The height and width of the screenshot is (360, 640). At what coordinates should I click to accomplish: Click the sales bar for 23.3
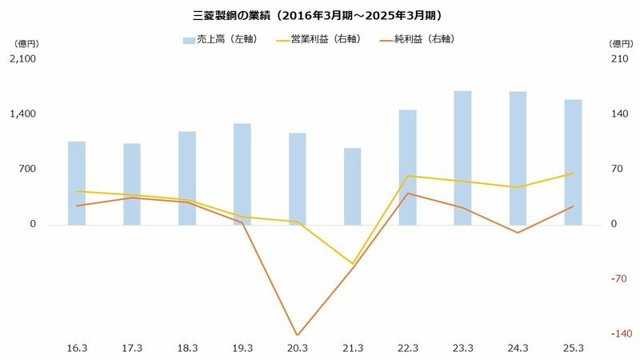click(462, 158)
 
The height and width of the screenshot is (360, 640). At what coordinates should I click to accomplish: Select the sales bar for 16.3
click(77, 182)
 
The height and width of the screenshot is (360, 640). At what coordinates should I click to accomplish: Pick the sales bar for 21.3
click(352, 186)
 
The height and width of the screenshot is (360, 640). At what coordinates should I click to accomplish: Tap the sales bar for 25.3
click(573, 162)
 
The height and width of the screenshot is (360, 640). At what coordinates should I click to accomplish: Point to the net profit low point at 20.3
click(297, 335)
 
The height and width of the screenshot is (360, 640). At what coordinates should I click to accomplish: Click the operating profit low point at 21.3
click(352, 264)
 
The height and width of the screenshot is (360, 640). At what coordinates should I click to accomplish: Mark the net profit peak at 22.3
click(407, 194)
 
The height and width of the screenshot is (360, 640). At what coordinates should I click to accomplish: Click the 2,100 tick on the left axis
click(22, 59)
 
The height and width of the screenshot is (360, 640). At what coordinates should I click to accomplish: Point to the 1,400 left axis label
click(22, 114)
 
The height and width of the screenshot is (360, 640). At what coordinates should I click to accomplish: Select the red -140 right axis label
click(621, 334)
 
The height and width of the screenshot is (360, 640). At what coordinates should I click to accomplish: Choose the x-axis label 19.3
click(242, 348)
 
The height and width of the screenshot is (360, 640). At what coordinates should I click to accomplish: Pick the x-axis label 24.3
click(518, 348)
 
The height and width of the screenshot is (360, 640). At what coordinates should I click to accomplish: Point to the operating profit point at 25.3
click(573, 173)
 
